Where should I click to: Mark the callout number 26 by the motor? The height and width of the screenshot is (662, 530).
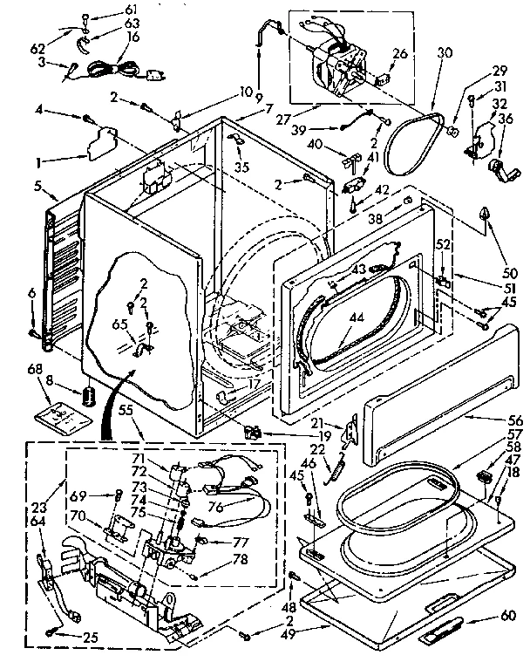pos(400,52)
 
